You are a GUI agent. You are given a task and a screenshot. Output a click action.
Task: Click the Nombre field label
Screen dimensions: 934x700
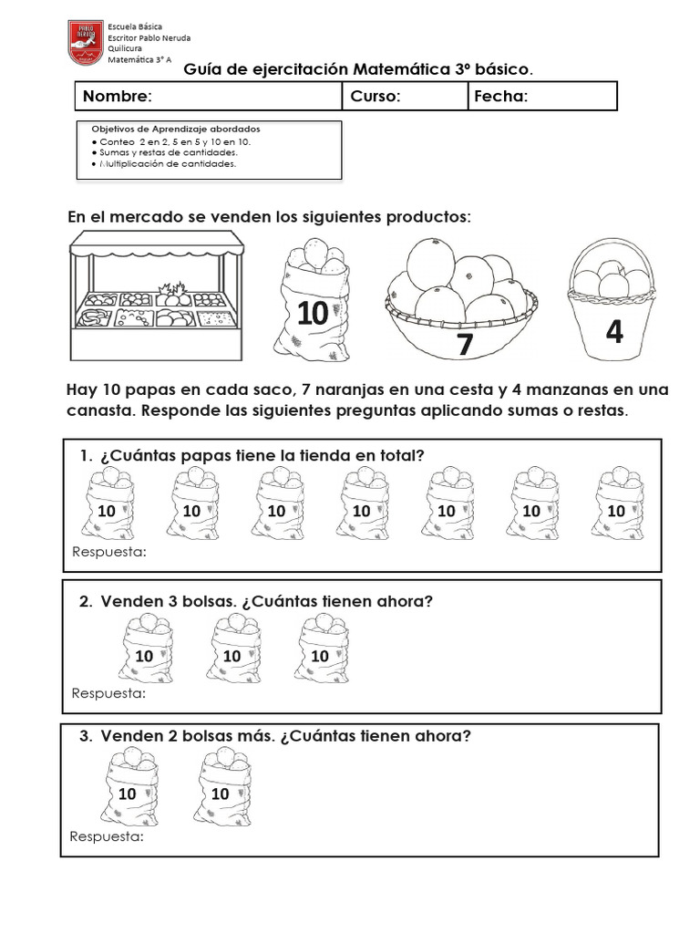coord(118,97)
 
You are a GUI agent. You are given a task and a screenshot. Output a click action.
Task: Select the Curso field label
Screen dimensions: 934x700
coord(376,97)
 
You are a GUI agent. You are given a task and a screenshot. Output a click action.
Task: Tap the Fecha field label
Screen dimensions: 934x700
coord(500,97)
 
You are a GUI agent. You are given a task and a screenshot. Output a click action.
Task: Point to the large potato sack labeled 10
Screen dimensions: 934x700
coord(311,297)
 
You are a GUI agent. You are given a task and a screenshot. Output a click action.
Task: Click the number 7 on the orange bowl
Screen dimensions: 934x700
coord(465,345)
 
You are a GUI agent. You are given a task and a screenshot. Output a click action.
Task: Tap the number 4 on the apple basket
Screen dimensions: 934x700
coord(614,333)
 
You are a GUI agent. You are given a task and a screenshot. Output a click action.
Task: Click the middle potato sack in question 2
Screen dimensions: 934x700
coord(232,649)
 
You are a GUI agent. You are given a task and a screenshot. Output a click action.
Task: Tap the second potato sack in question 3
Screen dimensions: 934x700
coord(221,785)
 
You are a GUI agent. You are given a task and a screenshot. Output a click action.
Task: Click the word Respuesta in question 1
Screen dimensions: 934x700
coord(108,553)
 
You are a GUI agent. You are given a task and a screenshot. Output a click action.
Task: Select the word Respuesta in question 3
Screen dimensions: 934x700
coord(107,837)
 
